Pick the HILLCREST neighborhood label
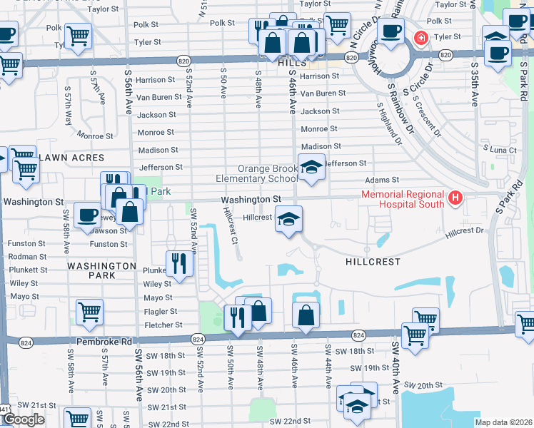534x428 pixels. [373, 262]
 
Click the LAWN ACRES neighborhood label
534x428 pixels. [71, 157]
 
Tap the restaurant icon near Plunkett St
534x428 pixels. [178, 263]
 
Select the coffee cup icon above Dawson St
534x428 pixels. [87, 214]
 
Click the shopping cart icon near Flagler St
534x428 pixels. [89, 311]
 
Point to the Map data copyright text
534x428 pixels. [503, 422]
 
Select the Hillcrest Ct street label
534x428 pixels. [228, 225]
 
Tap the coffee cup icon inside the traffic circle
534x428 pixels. [391, 31]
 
